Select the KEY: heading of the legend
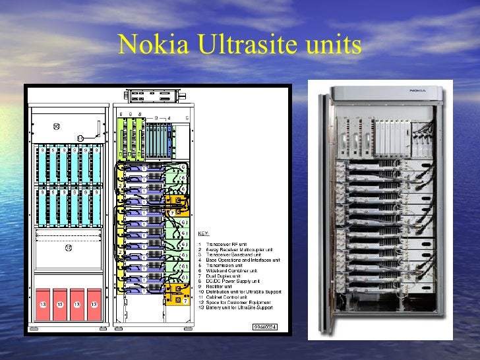pos(204,232)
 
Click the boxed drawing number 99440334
pos(265,326)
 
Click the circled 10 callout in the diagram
pos(56,126)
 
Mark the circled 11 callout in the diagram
pos(79,138)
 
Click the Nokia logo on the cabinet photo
pos(417,90)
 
